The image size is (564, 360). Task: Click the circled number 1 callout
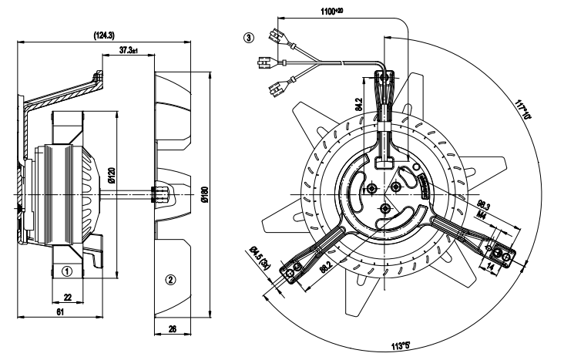67,271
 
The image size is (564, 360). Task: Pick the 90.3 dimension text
484,204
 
